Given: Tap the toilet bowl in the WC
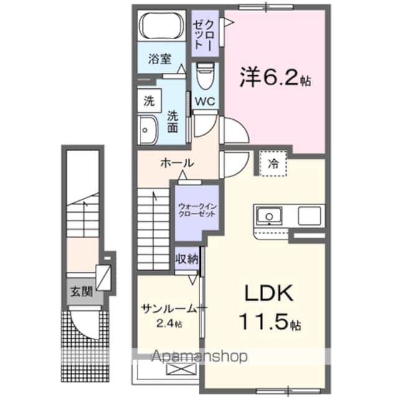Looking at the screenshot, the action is tap(205, 76).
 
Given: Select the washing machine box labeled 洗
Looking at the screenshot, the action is tap(149, 101).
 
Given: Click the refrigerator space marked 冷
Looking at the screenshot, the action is tap(273, 163).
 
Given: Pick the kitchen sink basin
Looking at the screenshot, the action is tap(269, 216).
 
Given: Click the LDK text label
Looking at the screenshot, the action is tap(269, 293).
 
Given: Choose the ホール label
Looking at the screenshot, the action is tap(177, 163).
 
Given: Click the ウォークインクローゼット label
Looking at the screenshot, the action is tap(197, 210).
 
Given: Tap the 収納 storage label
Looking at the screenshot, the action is tap(187, 259).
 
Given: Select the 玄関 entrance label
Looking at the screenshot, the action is tap(81, 292).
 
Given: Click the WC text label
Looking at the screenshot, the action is tap(205, 101).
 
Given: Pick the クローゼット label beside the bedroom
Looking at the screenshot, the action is tap(203, 34).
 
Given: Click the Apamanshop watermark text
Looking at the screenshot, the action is tap(199, 356).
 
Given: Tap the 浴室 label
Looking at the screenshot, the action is tap(160, 59).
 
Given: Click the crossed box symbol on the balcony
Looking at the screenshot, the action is tap(181, 369).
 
